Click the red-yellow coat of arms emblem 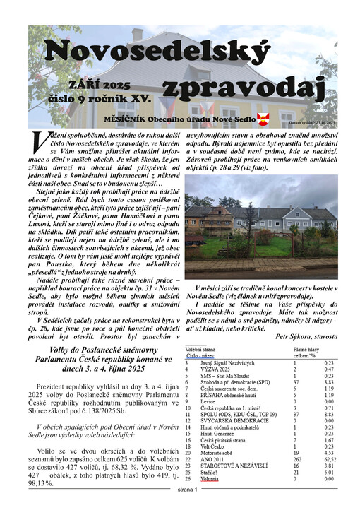(x=263, y=117)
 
